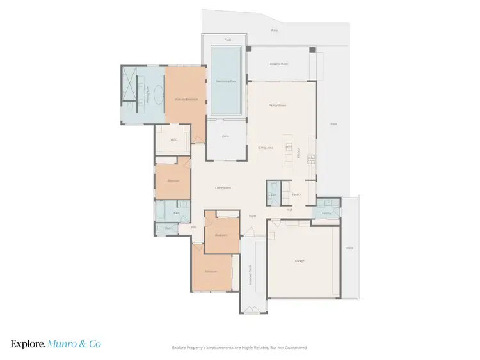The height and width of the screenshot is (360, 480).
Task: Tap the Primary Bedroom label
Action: pyautogui.click(x=184, y=100)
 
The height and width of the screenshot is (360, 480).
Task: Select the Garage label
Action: pyautogui.click(x=300, y=261)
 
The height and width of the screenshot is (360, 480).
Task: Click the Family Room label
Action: pyautogui.click(x=277, y=105)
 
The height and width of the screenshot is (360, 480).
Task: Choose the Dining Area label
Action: pyautogui.click(x=266, y=148)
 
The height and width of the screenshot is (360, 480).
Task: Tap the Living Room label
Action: pyautogui.click(x=223, y=188)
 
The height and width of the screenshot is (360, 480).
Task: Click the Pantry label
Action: pyautogui.click(x=296, y=194)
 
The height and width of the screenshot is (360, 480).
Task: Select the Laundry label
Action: pyautogui.click(x=325, y=214)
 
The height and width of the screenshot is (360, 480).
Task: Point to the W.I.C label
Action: pyautogui.click(x=173, y=139)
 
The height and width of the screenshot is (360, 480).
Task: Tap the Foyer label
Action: pyautogui.click(x=252, y=216)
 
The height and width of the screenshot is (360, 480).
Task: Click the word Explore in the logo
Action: pyautogui.click(x=28, y=344)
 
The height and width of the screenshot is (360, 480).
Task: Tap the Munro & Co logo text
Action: pyautogui.click(x=74, y=344)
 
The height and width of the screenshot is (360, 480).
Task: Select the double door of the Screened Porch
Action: pyautogui.click(x=253, y=311)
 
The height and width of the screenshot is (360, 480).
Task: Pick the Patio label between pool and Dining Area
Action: pyautogui.click(x=225, y=136)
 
